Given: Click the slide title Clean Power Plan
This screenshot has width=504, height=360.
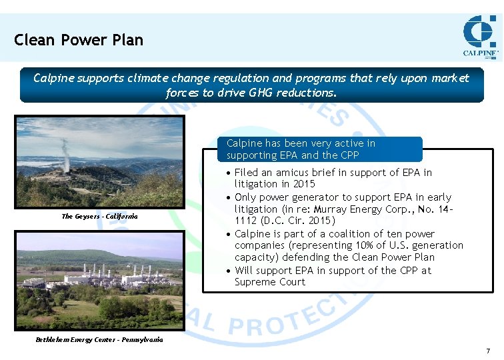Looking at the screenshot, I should point(79,40).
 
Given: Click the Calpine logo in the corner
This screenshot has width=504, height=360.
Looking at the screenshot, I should point(480,37).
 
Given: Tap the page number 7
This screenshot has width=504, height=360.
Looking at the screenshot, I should point(488,351).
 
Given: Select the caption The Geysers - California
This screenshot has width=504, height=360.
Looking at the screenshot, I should point(99,216).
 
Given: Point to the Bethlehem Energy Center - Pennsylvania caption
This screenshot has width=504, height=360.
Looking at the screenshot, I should point(99,339).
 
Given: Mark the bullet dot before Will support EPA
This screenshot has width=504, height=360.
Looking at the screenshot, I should point(228,271).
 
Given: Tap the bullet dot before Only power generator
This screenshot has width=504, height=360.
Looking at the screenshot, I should point(228,198).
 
